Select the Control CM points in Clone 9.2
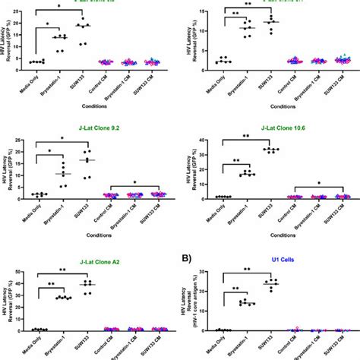112,195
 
